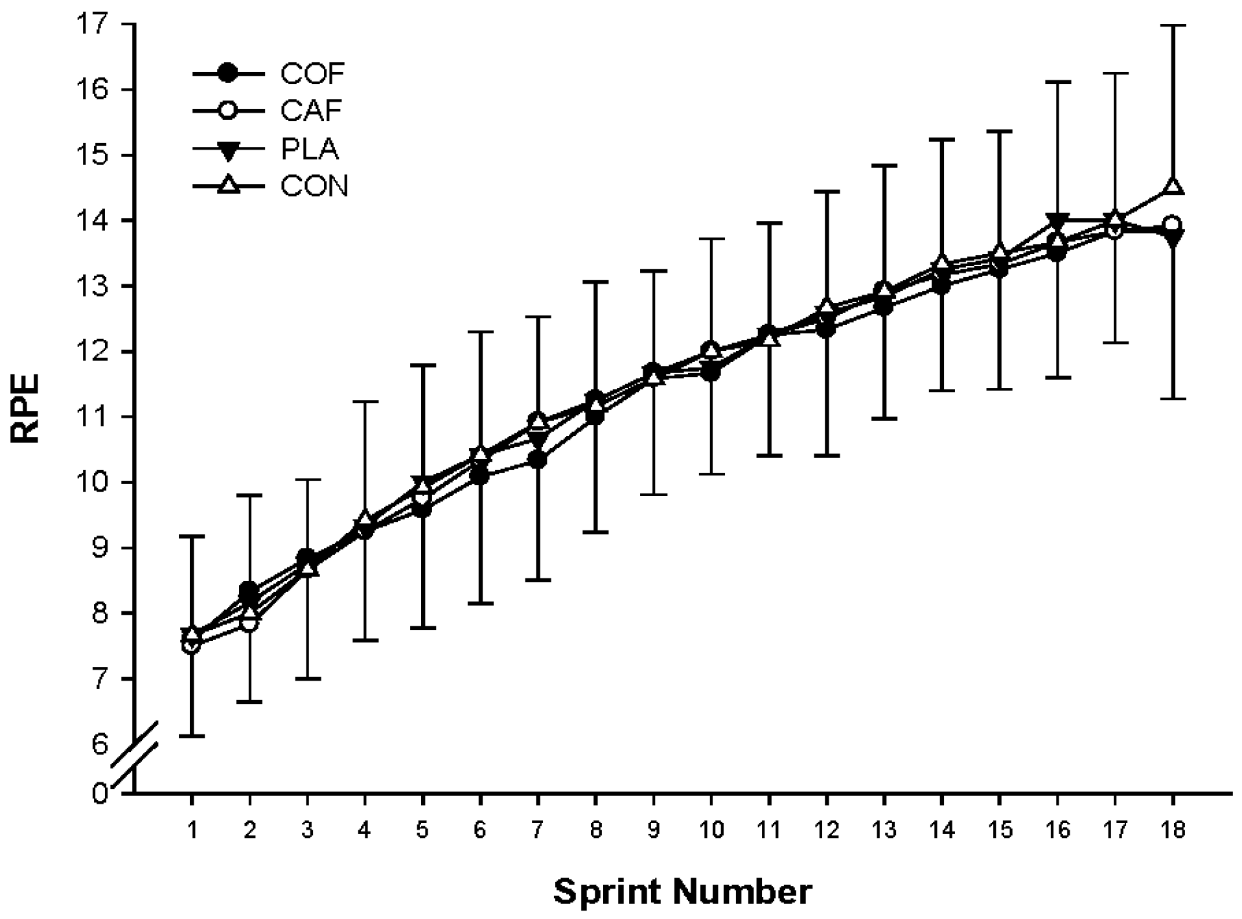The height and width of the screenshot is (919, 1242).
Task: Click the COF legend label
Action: [x=312, y=74]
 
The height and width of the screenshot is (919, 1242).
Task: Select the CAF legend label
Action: [x=311, y=111]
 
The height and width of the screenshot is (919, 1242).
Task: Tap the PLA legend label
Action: [x=310, y=149]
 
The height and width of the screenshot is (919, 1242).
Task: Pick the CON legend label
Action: [x=314, y=187]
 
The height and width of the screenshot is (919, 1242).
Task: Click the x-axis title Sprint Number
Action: [x=682, y=892]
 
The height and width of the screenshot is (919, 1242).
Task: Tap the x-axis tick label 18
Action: [x=1172, y=830]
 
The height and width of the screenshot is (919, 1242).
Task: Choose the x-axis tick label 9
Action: [x=653, y=830]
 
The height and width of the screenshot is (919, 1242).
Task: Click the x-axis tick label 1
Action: [x=192, y=830]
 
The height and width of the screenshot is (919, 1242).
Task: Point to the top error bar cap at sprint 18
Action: [x=1173, y=25]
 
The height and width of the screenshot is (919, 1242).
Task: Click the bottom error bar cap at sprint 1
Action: [x=192, y=736]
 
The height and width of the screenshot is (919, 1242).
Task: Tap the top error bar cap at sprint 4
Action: [x=365, y=402]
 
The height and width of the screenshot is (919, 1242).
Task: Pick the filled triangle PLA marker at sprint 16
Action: [x=1057, y=221]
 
